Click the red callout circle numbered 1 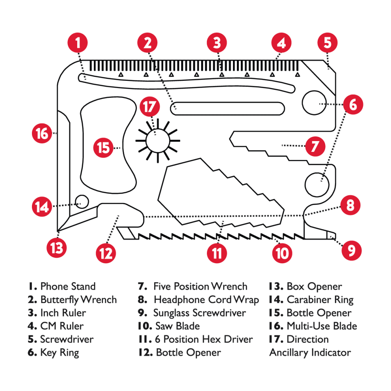[x=79, y=43]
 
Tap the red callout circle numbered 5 [x=328, y=43]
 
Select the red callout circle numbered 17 [x=150, y=106]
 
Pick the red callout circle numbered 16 [x=42, y=133]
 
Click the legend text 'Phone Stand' [x=68, y=287]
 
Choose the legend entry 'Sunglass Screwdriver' [x=199, y=313]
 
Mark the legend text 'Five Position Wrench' [x=200, y=287]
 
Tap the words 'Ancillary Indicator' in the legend [x=310, y=352]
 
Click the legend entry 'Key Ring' [x=60, y=352]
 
